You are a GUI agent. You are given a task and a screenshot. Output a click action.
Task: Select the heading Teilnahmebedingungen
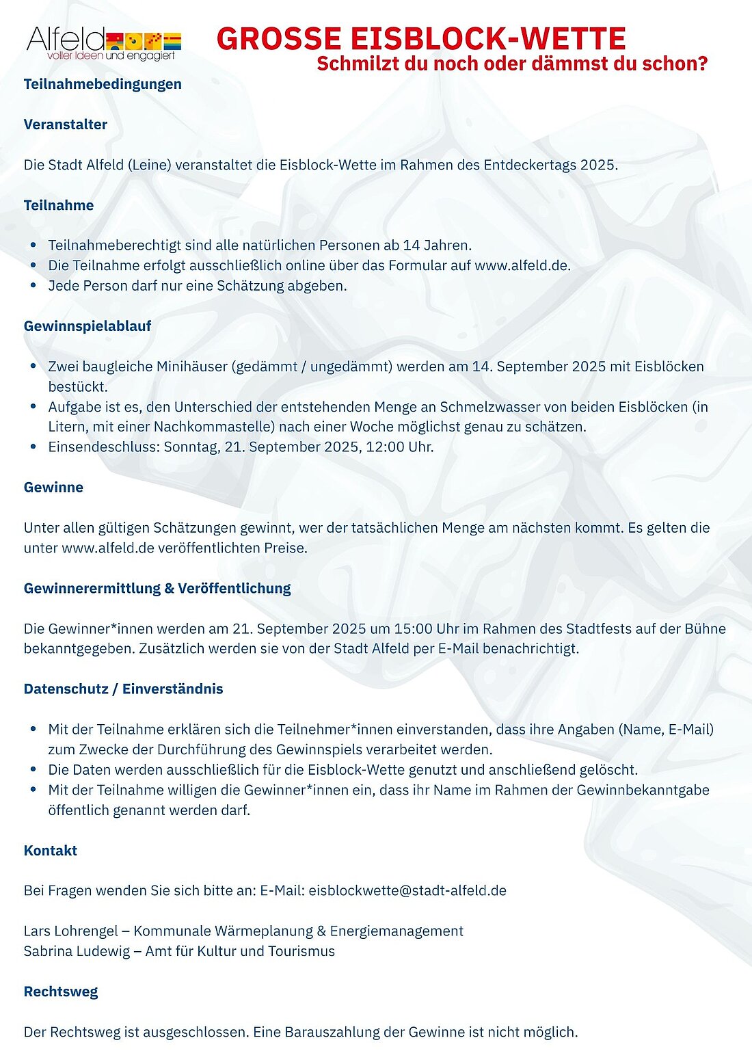point(103,84)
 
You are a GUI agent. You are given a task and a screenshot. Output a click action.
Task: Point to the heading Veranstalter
point(66,124)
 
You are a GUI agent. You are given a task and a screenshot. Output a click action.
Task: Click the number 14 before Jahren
point(412,245)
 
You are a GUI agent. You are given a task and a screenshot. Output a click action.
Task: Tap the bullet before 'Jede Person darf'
point(33,285)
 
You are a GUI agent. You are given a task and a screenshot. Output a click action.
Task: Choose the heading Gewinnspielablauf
point(88,326)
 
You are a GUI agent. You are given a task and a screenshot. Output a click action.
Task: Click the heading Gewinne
point(53,488)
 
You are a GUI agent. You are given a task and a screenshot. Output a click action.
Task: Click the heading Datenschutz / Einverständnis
point(123,689)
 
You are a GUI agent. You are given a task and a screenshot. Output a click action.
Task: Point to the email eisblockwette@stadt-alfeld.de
point(407,891)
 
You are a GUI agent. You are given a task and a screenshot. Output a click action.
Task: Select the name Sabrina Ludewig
point(77,951)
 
